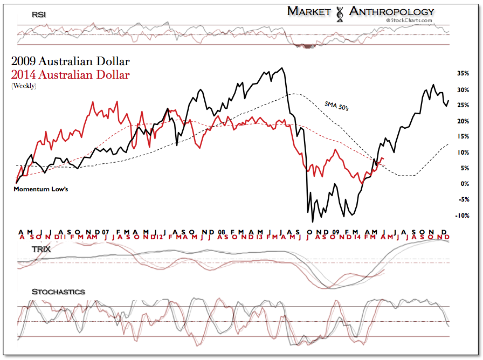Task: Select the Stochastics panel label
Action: tap(58, 292)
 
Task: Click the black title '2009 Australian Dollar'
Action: tap(70, 61)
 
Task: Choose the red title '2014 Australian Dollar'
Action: tap(70, 75)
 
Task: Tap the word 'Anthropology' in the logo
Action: tap(391, 11)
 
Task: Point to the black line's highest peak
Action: tap(282, 68)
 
